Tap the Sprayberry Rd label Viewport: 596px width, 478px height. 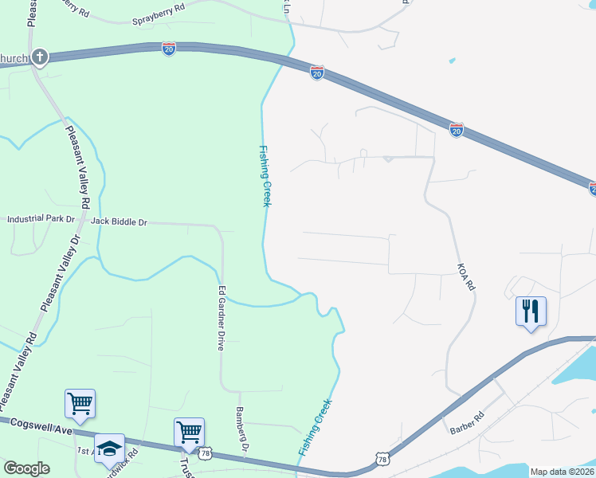(159, 6)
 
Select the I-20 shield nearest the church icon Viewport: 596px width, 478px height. (169, 49)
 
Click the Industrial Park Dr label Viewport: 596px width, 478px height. (41, 218)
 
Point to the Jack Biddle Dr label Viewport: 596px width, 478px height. (120, 221)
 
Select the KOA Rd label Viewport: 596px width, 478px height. (466, 276)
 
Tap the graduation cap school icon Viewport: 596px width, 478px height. (109, 447)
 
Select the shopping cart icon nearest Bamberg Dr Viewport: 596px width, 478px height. (190, 432)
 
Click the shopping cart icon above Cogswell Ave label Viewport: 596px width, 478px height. (80, 403)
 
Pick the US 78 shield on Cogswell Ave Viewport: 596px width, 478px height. (206, 453)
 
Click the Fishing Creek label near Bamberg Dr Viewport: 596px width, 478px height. (315, 427)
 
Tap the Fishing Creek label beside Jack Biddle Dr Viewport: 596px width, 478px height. (265, 176)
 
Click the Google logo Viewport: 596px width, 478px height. (26, 468)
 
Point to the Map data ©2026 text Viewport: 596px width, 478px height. (563, 472)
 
